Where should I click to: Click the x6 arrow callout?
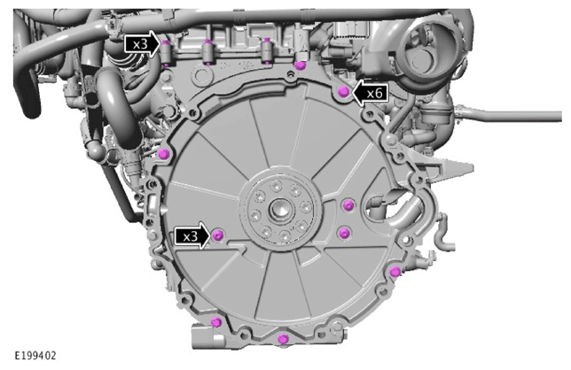pos(371,94)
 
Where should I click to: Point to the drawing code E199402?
pos(35,355)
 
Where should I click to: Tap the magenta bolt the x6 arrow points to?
pos(343,92)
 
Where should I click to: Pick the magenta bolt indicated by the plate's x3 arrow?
pos(218,235)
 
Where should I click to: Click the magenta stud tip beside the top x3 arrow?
pos(166,42)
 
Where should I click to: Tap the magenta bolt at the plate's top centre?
pos(300,66)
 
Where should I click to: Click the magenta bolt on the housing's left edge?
pos(165,154)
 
